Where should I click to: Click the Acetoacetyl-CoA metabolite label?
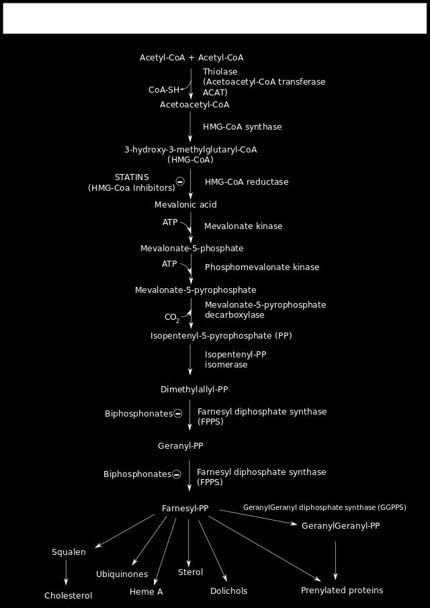[x=194, y=105]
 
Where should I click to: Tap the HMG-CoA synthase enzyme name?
[x=243, y=127]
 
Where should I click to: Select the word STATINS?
[x=132, y=177]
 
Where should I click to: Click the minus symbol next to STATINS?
[x=180, y=181]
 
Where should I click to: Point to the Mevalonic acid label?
[x=185, y=204]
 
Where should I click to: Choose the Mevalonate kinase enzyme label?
[x=243, y=226]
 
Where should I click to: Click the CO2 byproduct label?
[x=172, y=317]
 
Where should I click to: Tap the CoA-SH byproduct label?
[x=165, y=90]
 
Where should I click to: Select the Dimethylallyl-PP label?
[x=194, y=390]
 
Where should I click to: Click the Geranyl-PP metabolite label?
[x=181, y=446]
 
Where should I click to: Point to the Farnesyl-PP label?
[x=185, y=509]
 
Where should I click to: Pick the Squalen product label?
[x=69, y=552]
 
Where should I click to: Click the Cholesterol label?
[x=69, y=596]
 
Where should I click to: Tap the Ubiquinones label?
[x=122, y=574]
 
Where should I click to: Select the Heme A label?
[x=146, y=592]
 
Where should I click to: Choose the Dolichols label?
[x=228, y=591]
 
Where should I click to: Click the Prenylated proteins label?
[x=342, y=591]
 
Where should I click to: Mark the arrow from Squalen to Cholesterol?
[x=66, y=572]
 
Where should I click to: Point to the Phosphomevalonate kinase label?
[x=262, y=267]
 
